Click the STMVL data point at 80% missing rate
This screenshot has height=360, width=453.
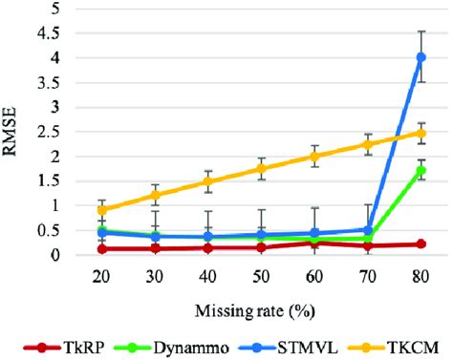click(x=421, y=57)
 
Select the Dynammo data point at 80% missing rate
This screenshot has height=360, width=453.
click(x=421, y=170)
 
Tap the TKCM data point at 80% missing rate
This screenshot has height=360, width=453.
click(x=421, y=133)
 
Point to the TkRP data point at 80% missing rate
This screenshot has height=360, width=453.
click(x=421, y=244)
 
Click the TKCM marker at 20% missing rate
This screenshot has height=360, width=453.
click(x=101, y=210)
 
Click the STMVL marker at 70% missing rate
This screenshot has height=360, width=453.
click(x=368, y=230)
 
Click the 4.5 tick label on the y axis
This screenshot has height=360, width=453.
click(x=60, y=33)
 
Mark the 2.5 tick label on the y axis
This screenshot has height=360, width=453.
click(x=60, y=132)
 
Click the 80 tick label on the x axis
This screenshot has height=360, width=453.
click(x=421, y=274)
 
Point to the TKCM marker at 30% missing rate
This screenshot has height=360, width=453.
click(x=155, y=196)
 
